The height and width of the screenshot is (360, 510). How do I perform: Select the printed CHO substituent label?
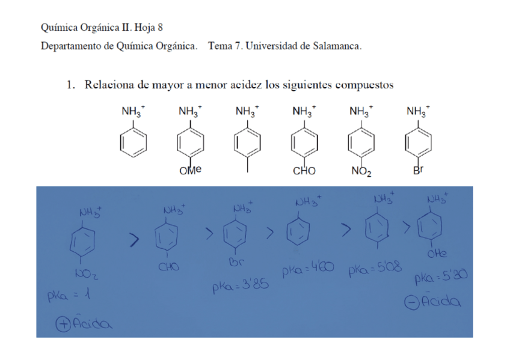304,171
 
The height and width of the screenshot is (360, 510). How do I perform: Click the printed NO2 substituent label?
361,172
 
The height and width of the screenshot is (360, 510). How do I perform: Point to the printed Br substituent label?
417,171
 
